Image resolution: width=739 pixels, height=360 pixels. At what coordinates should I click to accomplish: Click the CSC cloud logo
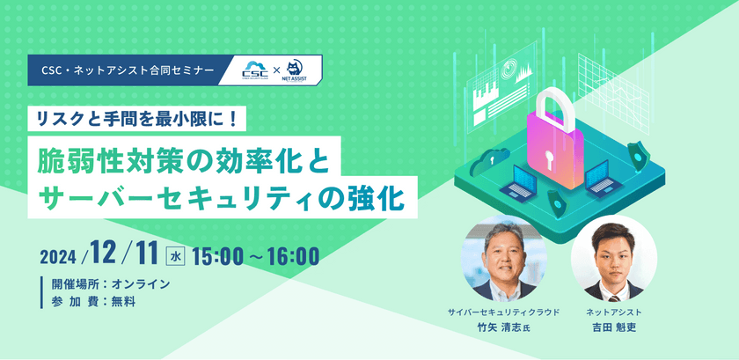255,70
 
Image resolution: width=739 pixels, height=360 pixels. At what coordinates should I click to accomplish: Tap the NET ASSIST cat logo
296,70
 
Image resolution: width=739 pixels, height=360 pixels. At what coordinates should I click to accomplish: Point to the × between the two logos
277,70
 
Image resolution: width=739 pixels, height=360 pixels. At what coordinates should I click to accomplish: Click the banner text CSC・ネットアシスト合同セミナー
128,70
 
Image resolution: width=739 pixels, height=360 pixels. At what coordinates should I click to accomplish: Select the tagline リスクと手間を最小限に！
137,118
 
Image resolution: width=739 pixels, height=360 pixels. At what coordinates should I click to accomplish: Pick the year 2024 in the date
57,258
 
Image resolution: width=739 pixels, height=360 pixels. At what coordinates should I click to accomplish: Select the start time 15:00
216,256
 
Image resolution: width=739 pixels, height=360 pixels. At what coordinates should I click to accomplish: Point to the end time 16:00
293,256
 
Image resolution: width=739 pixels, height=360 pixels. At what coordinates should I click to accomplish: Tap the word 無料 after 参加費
123,302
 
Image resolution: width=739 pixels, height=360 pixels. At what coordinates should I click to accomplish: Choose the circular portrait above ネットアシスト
614,258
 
